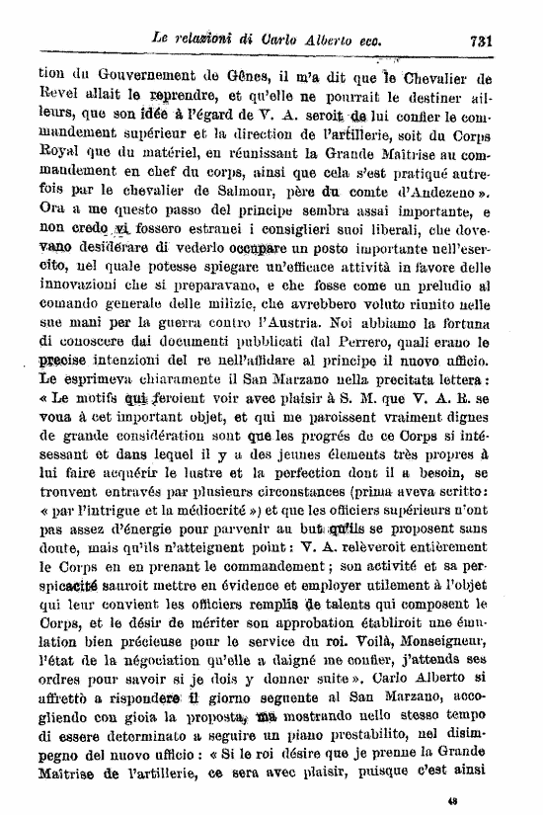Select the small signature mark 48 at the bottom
[453, 803]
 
